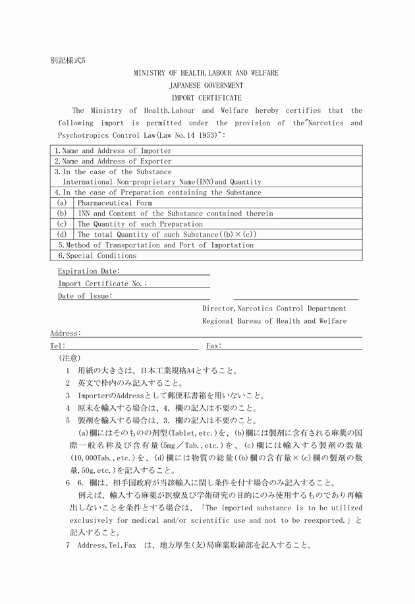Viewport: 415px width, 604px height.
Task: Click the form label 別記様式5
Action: pyautogui.click(x=68, y=60)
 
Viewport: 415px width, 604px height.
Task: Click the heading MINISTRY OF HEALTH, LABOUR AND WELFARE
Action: pyautogui.click(x=206, y=73)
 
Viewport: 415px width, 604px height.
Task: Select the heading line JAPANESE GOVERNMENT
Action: pyautogui.click(x=206, y=86)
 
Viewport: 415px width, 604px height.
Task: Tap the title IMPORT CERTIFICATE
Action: pyautogui.click(x=206, y=98)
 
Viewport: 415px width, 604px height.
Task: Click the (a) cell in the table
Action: pyautogui.click(x=62, y=203)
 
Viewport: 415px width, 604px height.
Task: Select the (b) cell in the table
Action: pyautogui.click(x=62, y=214)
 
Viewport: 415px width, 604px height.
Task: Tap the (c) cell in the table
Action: pyautogui.click(x=62, y=224)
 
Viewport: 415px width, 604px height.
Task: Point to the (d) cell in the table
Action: pyautogui.click(x=62, y=234)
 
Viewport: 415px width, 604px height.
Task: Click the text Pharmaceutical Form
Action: pyautogui.click(x=115, y=203)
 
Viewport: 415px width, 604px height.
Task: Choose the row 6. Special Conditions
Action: pyautogui.click(x=97, y=255)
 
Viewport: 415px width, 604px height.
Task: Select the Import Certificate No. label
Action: pyautogui.click(x=102, y=284)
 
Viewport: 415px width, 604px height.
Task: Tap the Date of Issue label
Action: pyautogui.click(x=85, y=296)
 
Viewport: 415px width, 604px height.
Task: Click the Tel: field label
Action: pyautogui.click(x=57, y=346)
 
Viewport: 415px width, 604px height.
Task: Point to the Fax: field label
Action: pyautogui.click(x=213, y=346)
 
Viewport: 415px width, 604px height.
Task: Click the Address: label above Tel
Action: pyautogui.click(x=65, y=334)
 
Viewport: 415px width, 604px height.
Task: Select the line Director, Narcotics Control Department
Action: pyautogui.click(x=274, y=309)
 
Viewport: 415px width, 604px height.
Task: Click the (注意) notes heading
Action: pyautogui.click(x=69, y=358)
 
